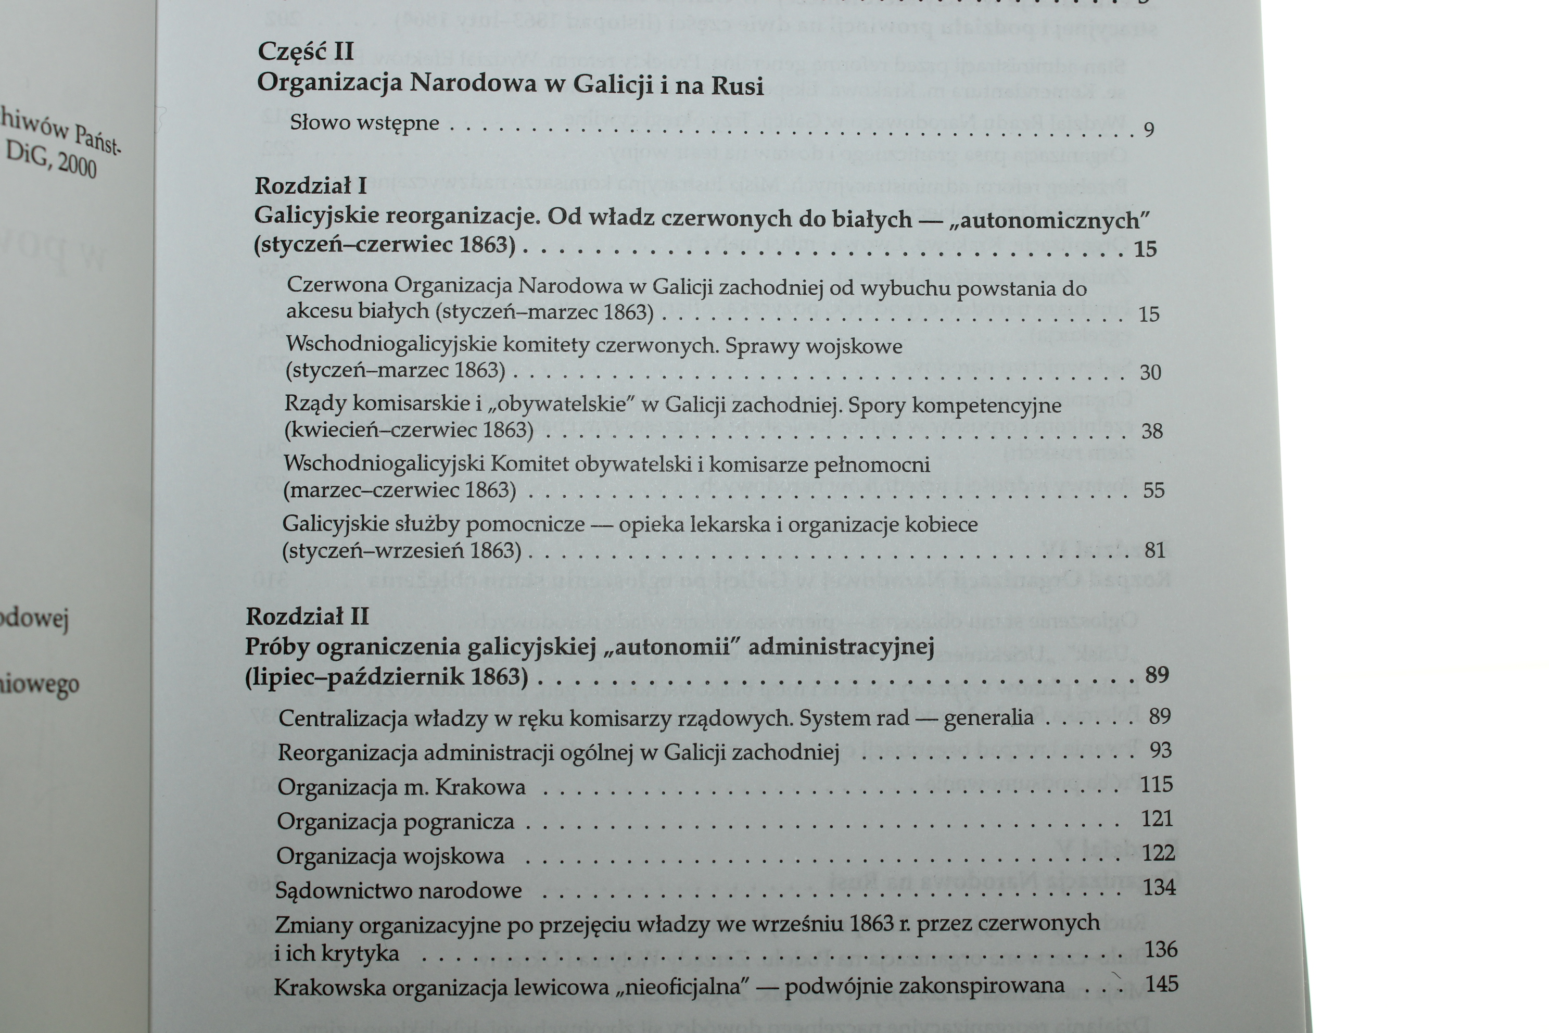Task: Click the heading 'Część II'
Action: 306,52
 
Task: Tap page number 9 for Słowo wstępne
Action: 1149,129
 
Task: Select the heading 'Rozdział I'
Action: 310,186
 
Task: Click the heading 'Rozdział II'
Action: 307,616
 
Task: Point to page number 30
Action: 1150,372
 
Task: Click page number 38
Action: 1152,432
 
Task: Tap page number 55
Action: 1153,490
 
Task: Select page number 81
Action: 1154,549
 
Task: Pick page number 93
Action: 1160,750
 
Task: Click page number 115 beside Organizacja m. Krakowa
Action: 1157,784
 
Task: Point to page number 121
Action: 1157,818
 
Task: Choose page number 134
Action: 1159,887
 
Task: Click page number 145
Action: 1161,984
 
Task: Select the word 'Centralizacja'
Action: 335,718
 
